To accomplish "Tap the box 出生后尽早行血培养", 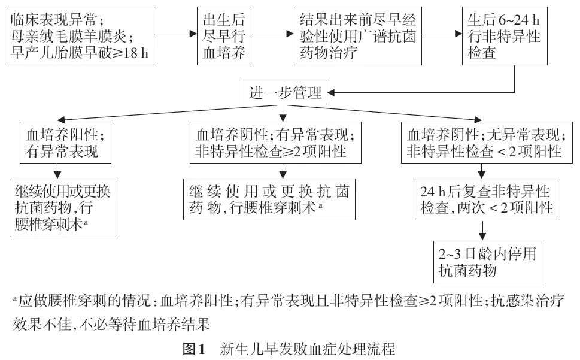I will (x=223, y=37).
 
